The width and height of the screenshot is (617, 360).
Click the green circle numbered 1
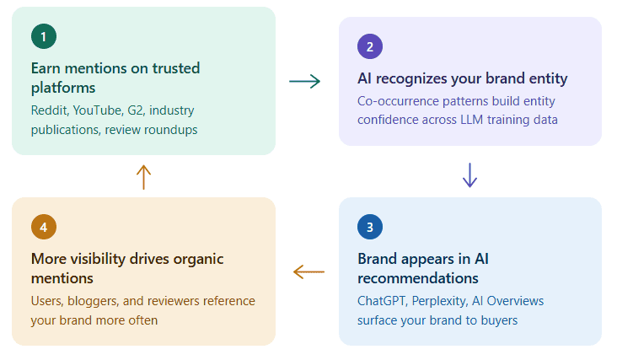click(43, 36)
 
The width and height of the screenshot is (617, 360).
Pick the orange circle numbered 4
click(43, 227)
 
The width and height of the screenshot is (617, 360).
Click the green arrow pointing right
click(304, 81)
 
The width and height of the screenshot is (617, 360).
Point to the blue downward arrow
click(470, 174)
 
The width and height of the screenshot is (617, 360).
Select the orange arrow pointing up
click(143, 176)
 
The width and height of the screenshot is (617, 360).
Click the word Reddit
click(49, 110)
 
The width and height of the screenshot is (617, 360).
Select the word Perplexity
click(448, 301)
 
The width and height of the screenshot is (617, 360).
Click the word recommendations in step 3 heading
click(418, 278)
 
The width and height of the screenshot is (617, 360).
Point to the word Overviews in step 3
click(518, 301)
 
